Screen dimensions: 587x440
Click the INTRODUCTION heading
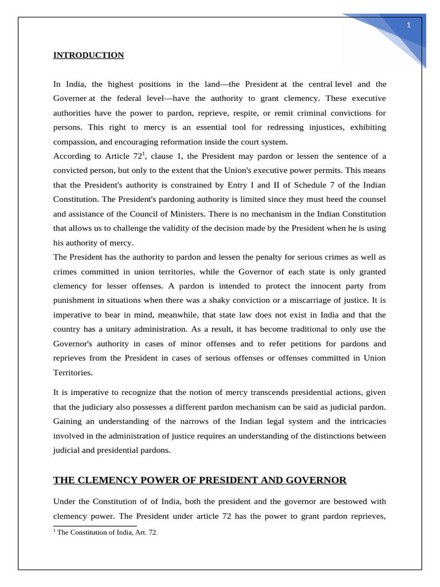(88, 55)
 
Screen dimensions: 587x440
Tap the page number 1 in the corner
(408, 25)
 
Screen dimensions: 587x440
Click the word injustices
(324, 127)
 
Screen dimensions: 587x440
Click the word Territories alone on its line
(72, 372)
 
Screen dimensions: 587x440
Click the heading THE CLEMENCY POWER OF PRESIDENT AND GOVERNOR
(200, 480)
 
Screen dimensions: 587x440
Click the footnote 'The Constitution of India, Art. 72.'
(107, 532)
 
